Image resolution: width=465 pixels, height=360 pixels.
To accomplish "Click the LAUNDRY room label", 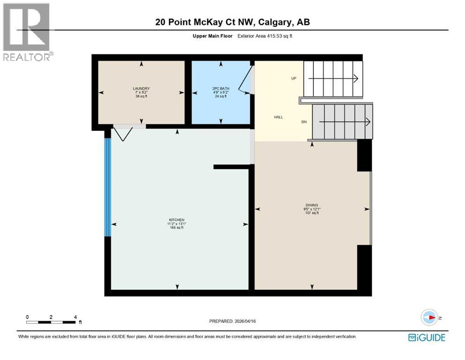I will click(140, 88).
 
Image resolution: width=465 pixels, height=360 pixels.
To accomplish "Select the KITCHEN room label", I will click(177, 220).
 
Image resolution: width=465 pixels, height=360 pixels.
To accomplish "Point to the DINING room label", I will click(311, 205).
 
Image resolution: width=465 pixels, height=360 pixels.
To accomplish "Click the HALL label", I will click(278, 118).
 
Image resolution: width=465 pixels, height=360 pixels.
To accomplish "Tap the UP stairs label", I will click(294, 78).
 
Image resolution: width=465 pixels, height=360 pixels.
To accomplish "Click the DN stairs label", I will click(303, 122).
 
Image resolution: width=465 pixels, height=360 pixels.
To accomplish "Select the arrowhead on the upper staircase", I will click(356, 79).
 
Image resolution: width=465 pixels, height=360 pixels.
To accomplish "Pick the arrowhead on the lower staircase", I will click(369, 122).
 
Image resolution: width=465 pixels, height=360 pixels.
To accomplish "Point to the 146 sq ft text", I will click(177, 228).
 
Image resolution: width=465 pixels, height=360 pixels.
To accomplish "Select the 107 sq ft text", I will click(311, 213).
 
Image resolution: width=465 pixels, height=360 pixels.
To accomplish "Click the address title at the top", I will click(232, 22).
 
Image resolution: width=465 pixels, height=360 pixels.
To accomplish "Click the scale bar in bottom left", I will click(51, 322).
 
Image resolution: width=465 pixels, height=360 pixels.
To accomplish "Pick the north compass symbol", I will click(429, 317).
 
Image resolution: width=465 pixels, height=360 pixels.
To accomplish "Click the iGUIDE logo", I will click(426, 337).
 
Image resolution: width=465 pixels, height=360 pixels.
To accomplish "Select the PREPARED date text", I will click(232, 321).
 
